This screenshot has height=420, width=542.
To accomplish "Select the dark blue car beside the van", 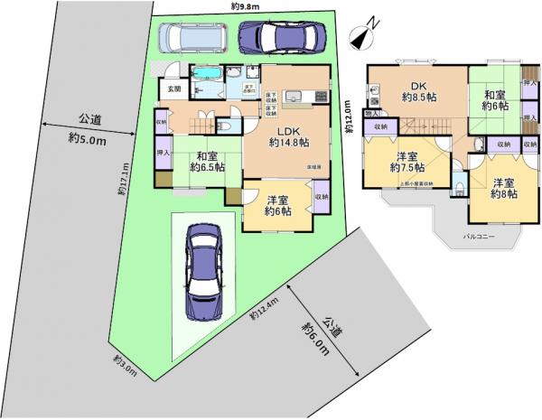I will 278,37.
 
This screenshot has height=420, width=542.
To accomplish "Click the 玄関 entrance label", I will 174,89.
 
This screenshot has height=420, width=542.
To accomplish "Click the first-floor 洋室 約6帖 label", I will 276,205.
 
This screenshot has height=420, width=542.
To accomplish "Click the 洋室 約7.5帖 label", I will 406,161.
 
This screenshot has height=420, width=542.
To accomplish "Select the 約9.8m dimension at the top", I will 245,6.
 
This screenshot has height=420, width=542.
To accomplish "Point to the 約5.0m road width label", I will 88,128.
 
